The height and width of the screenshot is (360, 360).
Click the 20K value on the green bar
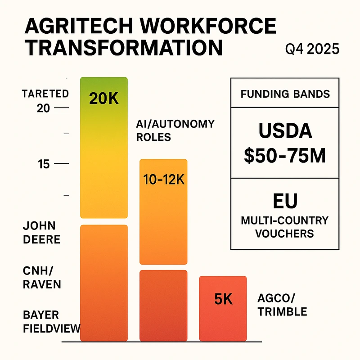click(104, 99)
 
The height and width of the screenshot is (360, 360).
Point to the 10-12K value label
click(164, 180)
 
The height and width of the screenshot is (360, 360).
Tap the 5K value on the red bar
click(223, 299)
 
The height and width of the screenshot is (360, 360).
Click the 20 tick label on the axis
click(44, 108)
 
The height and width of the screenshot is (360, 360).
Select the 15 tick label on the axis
click(44, 164)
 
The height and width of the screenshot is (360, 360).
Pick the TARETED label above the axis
click(45, 94)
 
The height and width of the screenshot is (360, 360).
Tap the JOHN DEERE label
click(41, 232)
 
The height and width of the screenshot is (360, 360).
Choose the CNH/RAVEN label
click(41, 278)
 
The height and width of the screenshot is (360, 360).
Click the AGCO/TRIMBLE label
click(282, 305)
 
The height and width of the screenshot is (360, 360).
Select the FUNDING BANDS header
click(285, 94)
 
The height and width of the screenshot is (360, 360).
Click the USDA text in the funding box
click(285, 131)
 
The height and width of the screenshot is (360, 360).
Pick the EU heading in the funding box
click(285, 201)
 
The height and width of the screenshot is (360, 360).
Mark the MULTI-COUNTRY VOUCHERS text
click(285, 227)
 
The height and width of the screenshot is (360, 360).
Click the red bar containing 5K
click(223, 315)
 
